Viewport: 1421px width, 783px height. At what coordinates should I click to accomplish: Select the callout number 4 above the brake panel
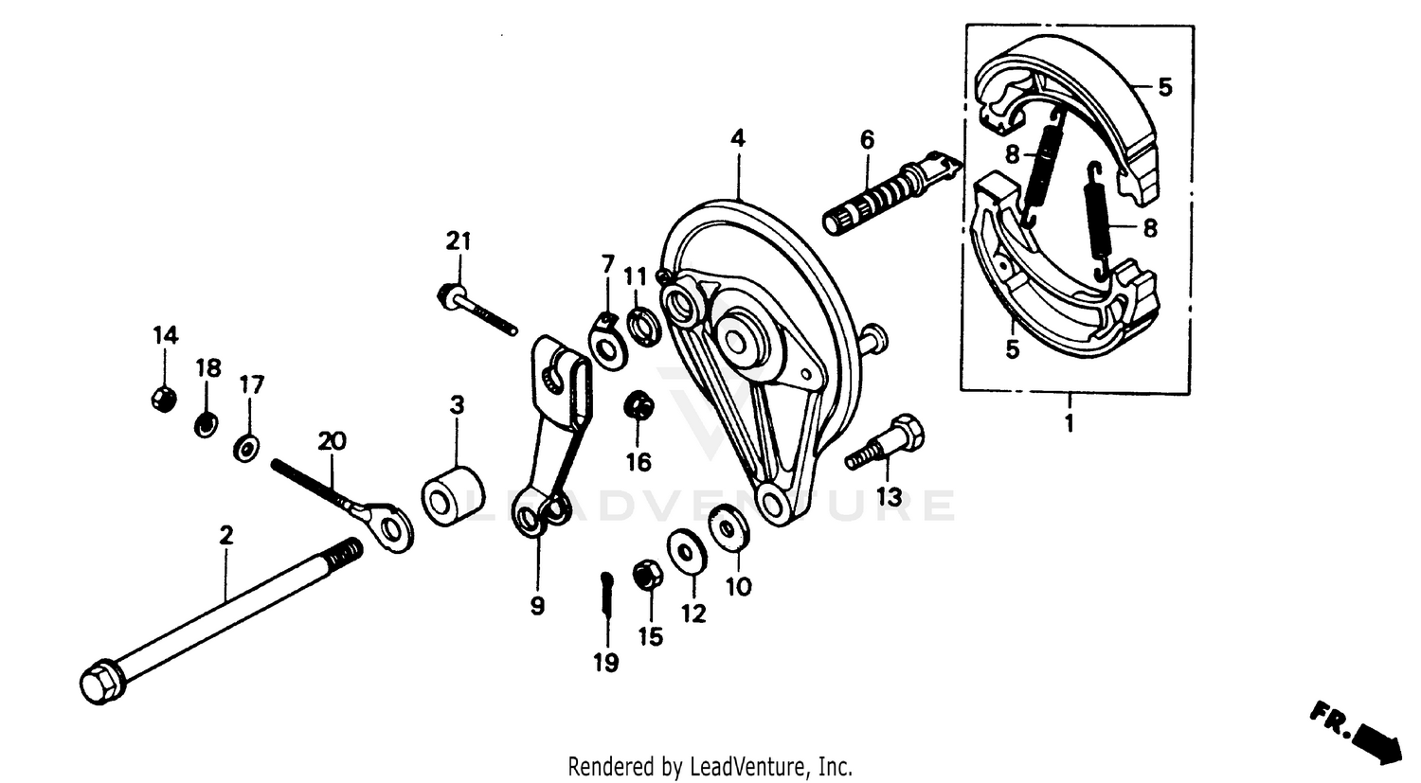coord(737,139)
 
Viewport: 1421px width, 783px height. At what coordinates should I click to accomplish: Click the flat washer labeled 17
coord(247,446)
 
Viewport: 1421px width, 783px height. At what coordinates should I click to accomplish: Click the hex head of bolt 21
coord(448,296)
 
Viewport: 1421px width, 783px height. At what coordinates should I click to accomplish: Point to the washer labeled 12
coord(687,553)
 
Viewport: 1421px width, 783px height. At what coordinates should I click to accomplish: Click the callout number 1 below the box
coord(1070,424)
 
